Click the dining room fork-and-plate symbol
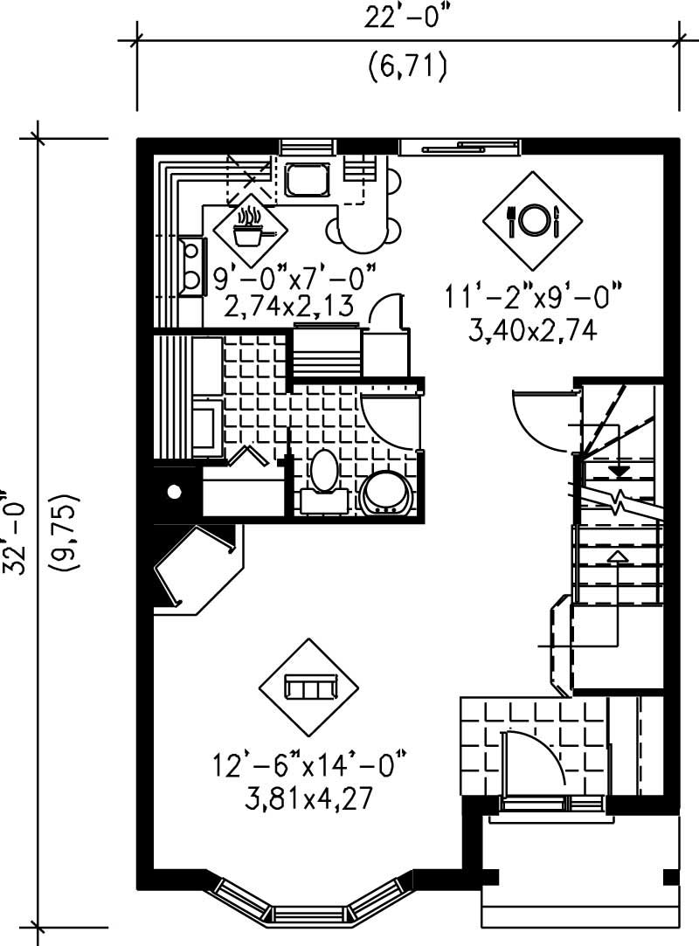(532, 220)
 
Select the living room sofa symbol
(308, 687)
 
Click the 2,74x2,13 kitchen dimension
(287, 306)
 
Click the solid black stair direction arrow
(619, 472)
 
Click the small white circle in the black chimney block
(175, 493)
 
